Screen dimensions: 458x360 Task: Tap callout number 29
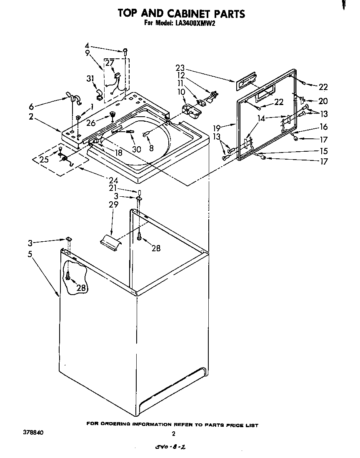113,204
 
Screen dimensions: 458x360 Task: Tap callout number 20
323,101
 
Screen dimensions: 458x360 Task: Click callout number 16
323,127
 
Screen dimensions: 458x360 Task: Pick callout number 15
323,151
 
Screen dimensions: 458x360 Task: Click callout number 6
32,105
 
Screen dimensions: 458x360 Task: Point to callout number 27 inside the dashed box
109,63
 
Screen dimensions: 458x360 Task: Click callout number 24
113,180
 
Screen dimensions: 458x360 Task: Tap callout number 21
113,188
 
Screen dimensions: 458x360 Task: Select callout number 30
136,149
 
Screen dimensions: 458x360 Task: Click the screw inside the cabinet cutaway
67,275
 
